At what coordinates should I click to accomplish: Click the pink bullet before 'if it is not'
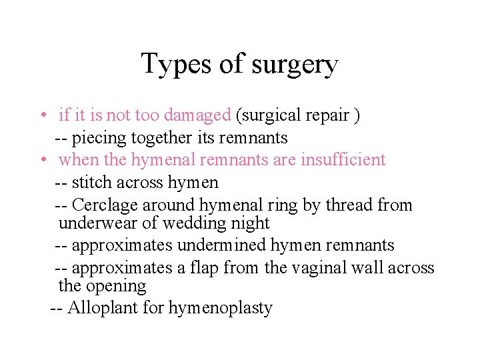(42, 115)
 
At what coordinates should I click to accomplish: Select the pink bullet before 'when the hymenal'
(42, 160)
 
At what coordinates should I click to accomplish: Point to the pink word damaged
(197, 115)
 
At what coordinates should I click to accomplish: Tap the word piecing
(93, 139)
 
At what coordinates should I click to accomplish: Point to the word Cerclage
(101, 205)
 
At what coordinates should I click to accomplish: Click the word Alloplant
(97, 308)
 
